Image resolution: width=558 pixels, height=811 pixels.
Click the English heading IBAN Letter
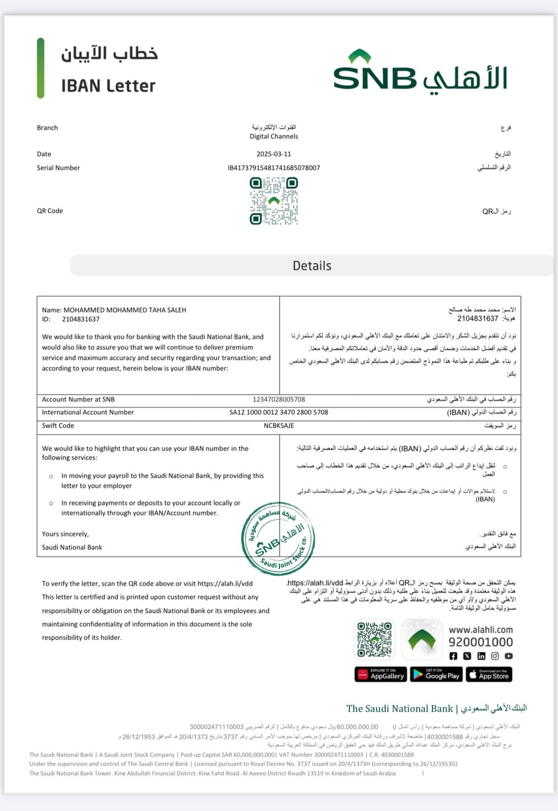click(x=108, y=86)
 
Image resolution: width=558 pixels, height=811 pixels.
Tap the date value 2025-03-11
click(x=274, y=154)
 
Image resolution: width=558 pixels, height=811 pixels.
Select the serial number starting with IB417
click(x=274, y=168)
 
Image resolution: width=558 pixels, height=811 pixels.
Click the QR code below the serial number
click(x=274, y=201)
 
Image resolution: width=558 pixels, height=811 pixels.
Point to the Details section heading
click(x=312, y=266)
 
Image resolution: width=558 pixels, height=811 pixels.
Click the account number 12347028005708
click(x=279, y=399)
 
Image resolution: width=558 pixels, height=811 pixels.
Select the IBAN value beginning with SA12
click(x=279, y=412)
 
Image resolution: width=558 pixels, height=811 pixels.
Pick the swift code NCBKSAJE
click(x=279, y=426)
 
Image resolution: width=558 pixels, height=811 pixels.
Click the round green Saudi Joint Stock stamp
click(x=278, y=539)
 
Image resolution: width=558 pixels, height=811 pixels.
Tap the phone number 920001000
click(x=480, y=642)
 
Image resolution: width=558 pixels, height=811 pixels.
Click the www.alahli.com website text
click(x=480, y=630)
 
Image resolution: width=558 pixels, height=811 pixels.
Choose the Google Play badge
click(x=436, y=674)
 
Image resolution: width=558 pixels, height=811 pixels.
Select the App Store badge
click(x=489, y=674)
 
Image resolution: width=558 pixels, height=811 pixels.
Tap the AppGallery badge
click(x=381, y=674)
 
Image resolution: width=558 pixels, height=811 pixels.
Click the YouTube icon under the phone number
click(x=509, y=656)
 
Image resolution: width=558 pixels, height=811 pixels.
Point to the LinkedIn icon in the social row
click(x=481, y=656)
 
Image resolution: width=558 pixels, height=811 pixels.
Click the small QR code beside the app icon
click(x=375, y=639)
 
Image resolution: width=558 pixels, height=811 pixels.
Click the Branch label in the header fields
click(x=47, y=128)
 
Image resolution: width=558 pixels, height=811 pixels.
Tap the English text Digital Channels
click(x=274, y=136)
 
